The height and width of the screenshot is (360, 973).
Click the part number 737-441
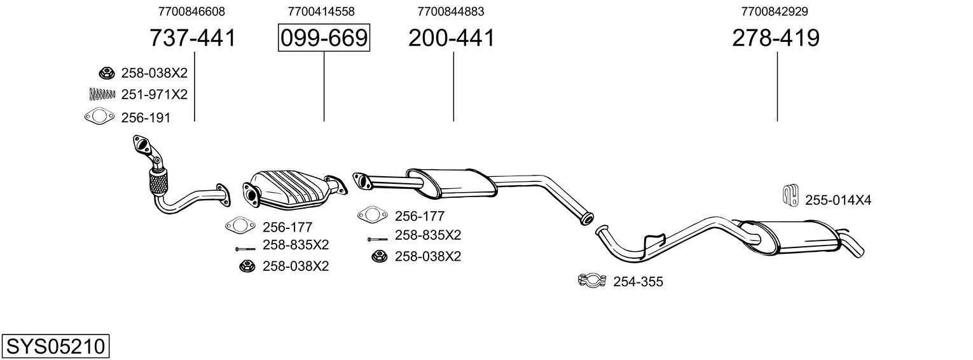(192, 38)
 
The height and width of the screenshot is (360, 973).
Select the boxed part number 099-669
(324, 38)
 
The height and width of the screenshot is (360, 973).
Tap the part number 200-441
(451, 38)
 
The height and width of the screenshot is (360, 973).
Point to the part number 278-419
(775, 38)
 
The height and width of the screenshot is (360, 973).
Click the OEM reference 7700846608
(191, 11)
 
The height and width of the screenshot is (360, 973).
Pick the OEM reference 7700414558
(321, 11)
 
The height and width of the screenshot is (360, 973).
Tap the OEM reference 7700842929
(775, 11)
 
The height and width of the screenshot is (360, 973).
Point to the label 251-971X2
(154, 95)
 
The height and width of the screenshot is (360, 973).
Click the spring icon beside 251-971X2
(102, 94)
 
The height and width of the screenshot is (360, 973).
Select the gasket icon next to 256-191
(96, 117)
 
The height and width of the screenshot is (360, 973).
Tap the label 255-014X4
(838, 200)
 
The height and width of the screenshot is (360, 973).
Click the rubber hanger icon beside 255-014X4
(789, 195)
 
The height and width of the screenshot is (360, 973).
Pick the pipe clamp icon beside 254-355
(591, 280)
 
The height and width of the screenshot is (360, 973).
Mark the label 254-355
(638, 281)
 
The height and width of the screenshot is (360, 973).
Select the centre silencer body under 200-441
(452, 181)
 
